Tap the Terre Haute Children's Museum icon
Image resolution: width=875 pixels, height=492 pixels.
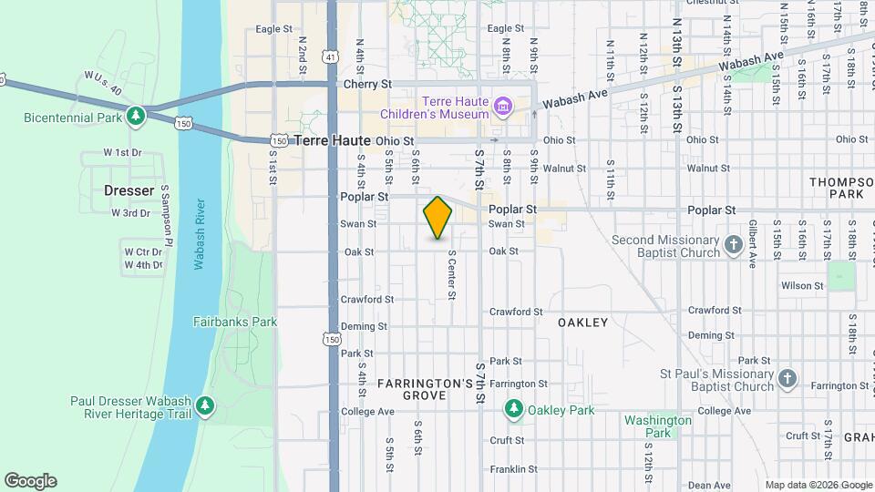click(x=501, y=108)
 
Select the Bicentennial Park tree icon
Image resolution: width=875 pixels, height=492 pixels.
click(x=136, y=116)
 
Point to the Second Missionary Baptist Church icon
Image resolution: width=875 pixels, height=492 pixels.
click(x=735, y=244)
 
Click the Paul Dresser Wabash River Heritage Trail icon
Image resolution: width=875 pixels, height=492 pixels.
click(x=206, y=405)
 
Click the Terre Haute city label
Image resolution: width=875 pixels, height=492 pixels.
click(x=333, y=140)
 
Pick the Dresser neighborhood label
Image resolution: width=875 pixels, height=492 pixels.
click(x=128, y=190)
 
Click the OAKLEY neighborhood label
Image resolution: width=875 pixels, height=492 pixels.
click(x=582, y=323)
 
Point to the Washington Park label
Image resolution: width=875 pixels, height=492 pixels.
click(x=658, y=426)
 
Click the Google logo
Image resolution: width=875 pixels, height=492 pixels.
click(x=30, y=481)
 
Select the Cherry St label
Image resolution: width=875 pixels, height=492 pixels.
click(x=367, y=84)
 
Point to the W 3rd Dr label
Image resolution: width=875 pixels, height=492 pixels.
click(x=130, y=213)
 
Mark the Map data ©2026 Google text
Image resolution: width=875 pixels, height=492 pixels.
click(x=818, y=485)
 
